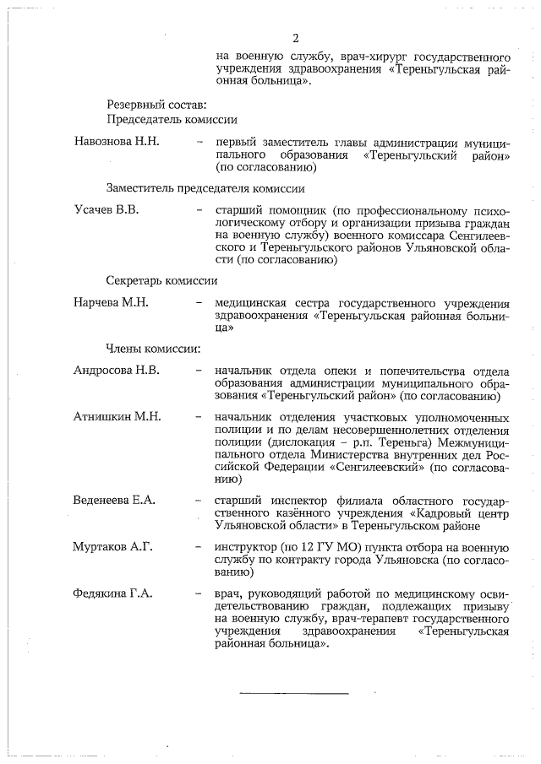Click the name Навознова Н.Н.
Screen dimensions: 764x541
117,141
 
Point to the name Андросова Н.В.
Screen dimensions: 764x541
116,370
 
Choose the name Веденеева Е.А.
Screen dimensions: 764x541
115,501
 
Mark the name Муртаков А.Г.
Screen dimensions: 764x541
113,547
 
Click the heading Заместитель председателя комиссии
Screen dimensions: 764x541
205,188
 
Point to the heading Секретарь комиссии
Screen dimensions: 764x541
162,280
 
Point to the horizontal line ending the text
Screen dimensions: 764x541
293,693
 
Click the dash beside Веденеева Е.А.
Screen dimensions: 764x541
199,501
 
